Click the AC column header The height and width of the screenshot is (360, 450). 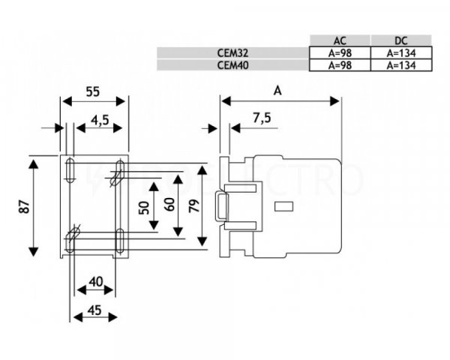pyautogui.click(x=339, y=40)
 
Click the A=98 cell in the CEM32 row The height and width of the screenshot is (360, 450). pyautogui.click(x=339, y=52)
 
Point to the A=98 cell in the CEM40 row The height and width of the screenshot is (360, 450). pyautogui.click(x=339, y=65)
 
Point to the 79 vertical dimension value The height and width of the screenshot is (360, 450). pyautogui.click(x=193, y=205)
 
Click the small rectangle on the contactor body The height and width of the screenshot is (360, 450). pyautogui.click(x=285, y=205)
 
